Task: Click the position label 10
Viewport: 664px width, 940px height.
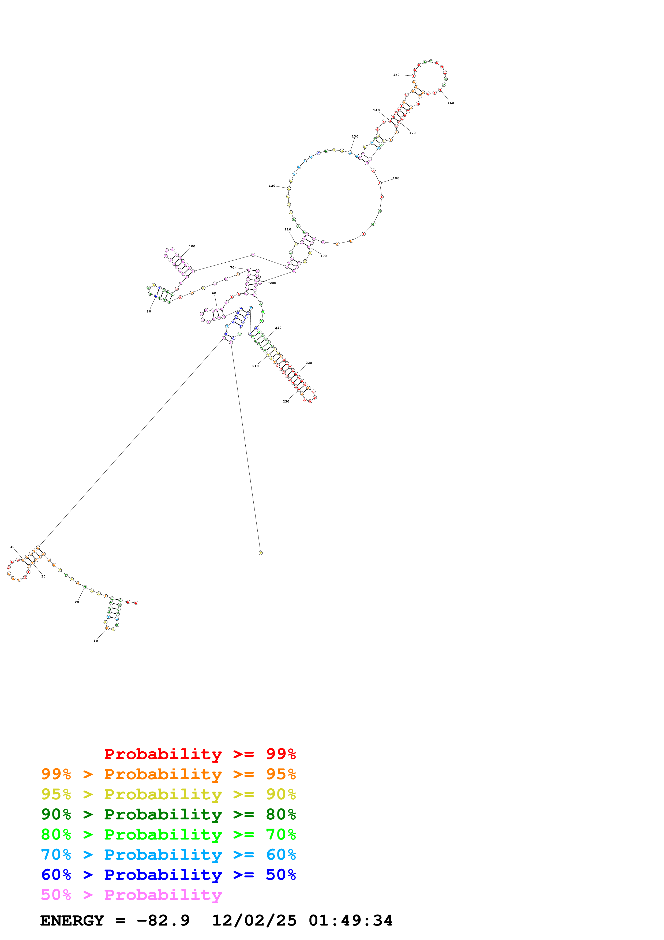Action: pos(96,641)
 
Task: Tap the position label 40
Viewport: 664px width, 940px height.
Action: pos(12,547)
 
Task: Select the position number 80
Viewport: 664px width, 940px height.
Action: pos(149,312)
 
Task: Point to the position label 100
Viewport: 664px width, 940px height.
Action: pos(192,247)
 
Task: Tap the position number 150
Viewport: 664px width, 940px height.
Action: pos(396,75)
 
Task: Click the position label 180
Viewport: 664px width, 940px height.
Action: pos(396,178)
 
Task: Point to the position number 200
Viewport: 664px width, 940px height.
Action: pos(273,283)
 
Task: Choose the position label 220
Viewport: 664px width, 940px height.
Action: pos(309,363)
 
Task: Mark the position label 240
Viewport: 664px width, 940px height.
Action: pos(255,366)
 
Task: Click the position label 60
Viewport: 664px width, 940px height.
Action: pos(214,293)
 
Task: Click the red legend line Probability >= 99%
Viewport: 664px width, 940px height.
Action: pos(200,754)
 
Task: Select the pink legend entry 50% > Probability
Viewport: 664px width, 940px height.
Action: pos(131,895)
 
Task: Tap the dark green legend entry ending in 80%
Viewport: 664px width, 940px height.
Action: pos(168,814)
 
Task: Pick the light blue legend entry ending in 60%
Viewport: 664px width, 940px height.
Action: pos(168,855)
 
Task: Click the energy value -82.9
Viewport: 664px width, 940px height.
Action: pos(163,921)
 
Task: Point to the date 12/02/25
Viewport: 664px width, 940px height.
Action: pos(254,921)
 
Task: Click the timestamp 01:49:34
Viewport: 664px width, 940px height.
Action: pos(351,921)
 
